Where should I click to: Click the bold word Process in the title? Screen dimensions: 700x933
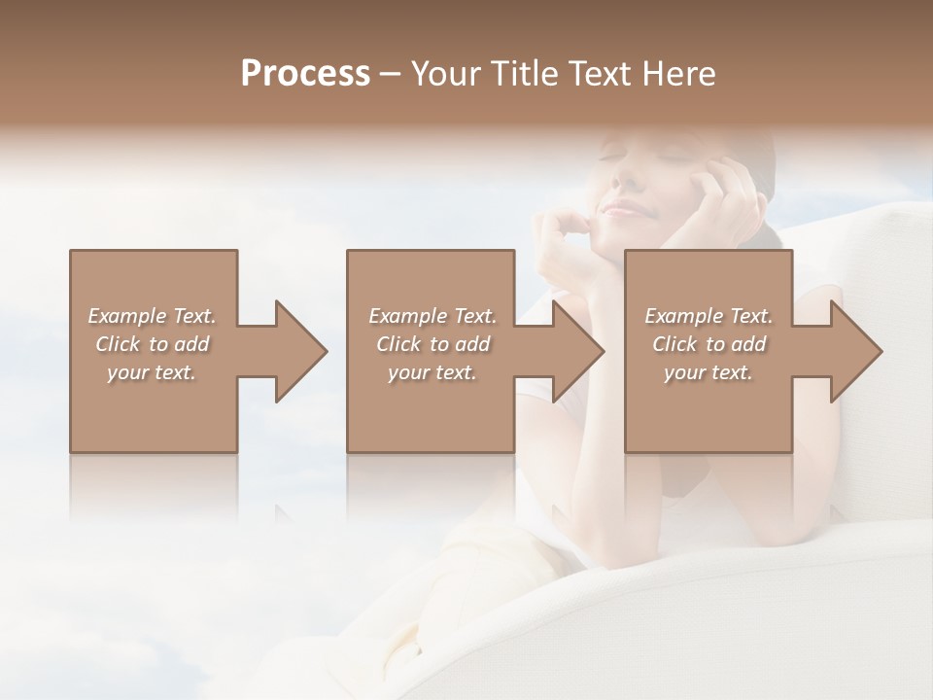tap(305, 74)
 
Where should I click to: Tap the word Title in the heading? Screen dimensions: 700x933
tap(522, 74)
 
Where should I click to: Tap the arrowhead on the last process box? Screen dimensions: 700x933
tap(855, 351)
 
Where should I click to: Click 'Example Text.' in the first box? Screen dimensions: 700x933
tap(152, 316)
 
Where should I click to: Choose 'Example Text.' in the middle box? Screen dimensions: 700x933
tap(432, 316)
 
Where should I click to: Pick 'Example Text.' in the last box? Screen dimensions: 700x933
tap(708, 316)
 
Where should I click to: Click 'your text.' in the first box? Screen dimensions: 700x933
tap(152, 372)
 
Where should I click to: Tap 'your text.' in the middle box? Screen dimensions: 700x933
tap(432, 372)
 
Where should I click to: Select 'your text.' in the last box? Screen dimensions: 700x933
tap(708, 372)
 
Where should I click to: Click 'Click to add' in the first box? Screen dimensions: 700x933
tap(152, 344)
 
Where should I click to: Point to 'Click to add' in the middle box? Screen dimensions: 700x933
tap(432, 344)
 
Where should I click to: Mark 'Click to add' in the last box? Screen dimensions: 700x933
tap(708, 344)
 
